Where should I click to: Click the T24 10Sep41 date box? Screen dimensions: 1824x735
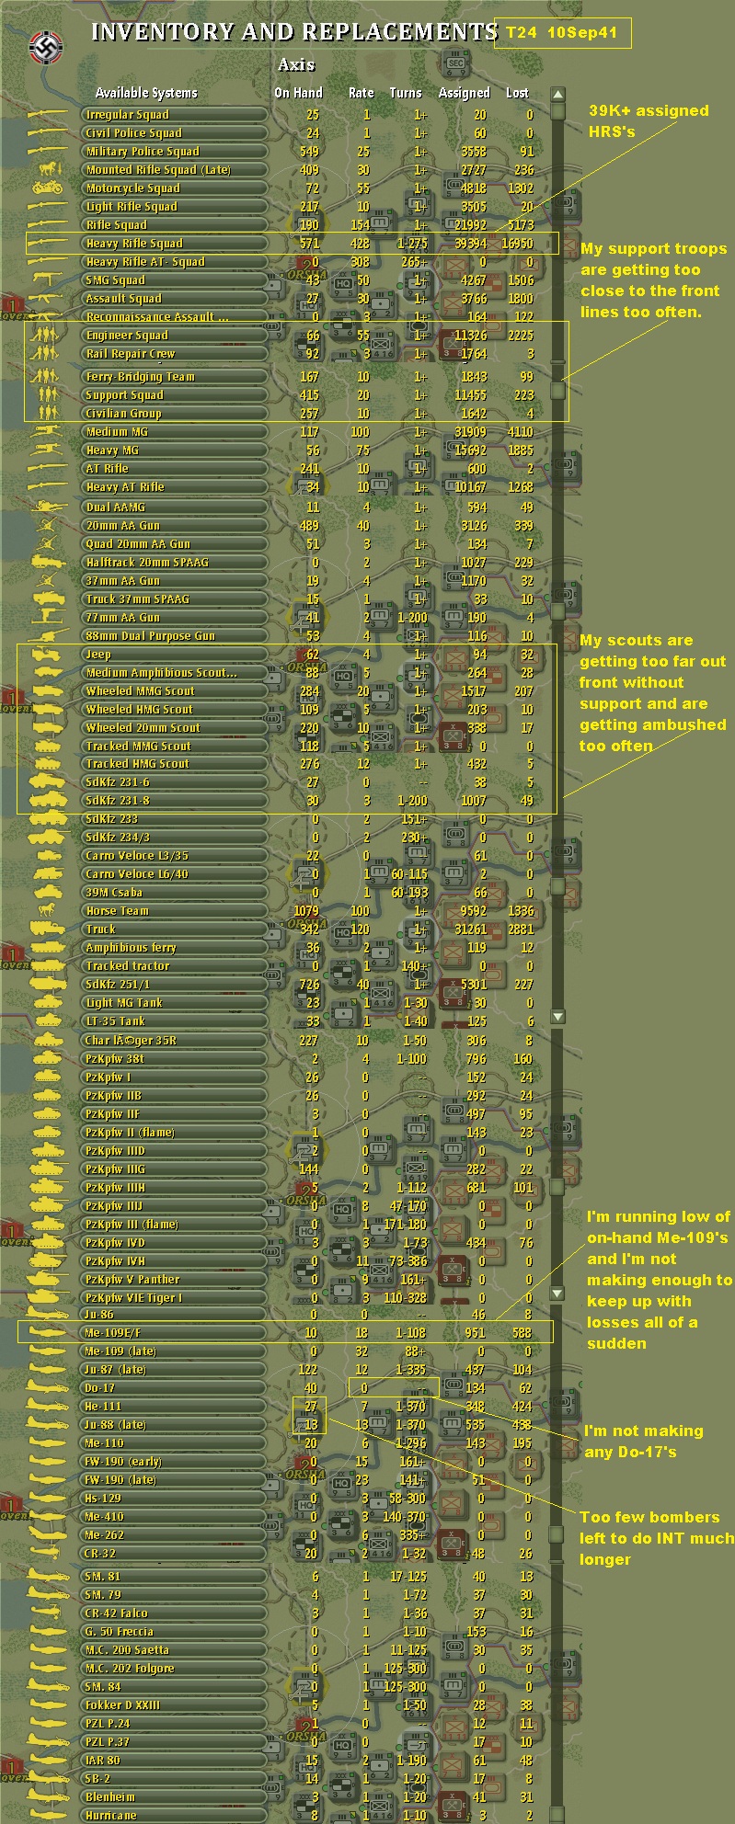click(x=562, y=33)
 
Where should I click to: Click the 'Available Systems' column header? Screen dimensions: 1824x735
click(x=146, y=92)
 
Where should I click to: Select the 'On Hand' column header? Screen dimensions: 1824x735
click(x=298, y=92)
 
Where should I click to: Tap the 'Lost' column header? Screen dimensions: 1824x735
click(x=517, y=92)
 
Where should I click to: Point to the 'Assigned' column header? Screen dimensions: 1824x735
click(x=464, y=92)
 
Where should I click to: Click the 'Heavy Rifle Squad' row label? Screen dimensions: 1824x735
click(x=134, y=244)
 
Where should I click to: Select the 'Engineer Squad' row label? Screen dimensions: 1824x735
click(x=127, y=336)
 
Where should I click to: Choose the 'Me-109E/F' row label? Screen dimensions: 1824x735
click(x=121, y=1333)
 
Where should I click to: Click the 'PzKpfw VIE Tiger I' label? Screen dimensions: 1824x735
click(x=133, y=1297)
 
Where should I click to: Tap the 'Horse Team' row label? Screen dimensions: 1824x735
click(x=117, y=911)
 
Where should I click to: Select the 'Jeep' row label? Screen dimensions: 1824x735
click(x=98, y=655)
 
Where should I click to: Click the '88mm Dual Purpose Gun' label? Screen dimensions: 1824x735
click(x=150, y=636)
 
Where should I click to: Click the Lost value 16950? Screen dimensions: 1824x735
click(x=518, y=244)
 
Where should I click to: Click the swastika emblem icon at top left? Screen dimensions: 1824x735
click(x=42, y=45)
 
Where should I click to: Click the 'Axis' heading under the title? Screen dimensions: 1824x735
click(x=296, y=65)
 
